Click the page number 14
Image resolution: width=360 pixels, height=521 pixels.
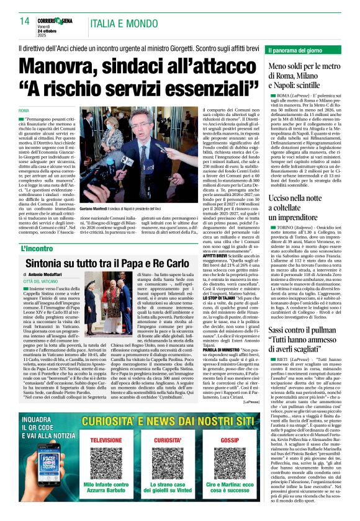(25, 21)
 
